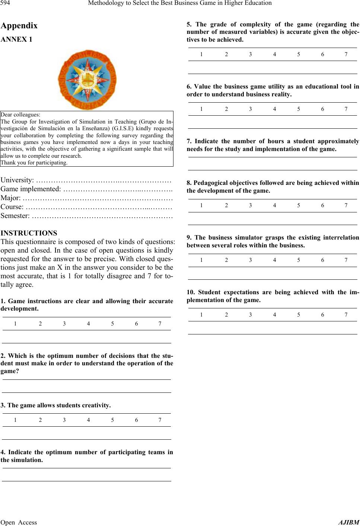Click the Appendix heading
(x=19, y=26)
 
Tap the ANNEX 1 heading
(x=16, y=39)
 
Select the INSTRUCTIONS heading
(x=29, y=233)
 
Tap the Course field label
(x=13, y=207)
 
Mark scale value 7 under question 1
(x=160, y=324)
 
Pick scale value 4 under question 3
(x=88, y=420)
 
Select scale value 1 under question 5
(x=201, y=54)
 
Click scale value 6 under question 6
(x=323, y=109)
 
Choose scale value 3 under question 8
(x=250, y=205)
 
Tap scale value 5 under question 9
(x=299, y=260)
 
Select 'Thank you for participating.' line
(x=34, y=163)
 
